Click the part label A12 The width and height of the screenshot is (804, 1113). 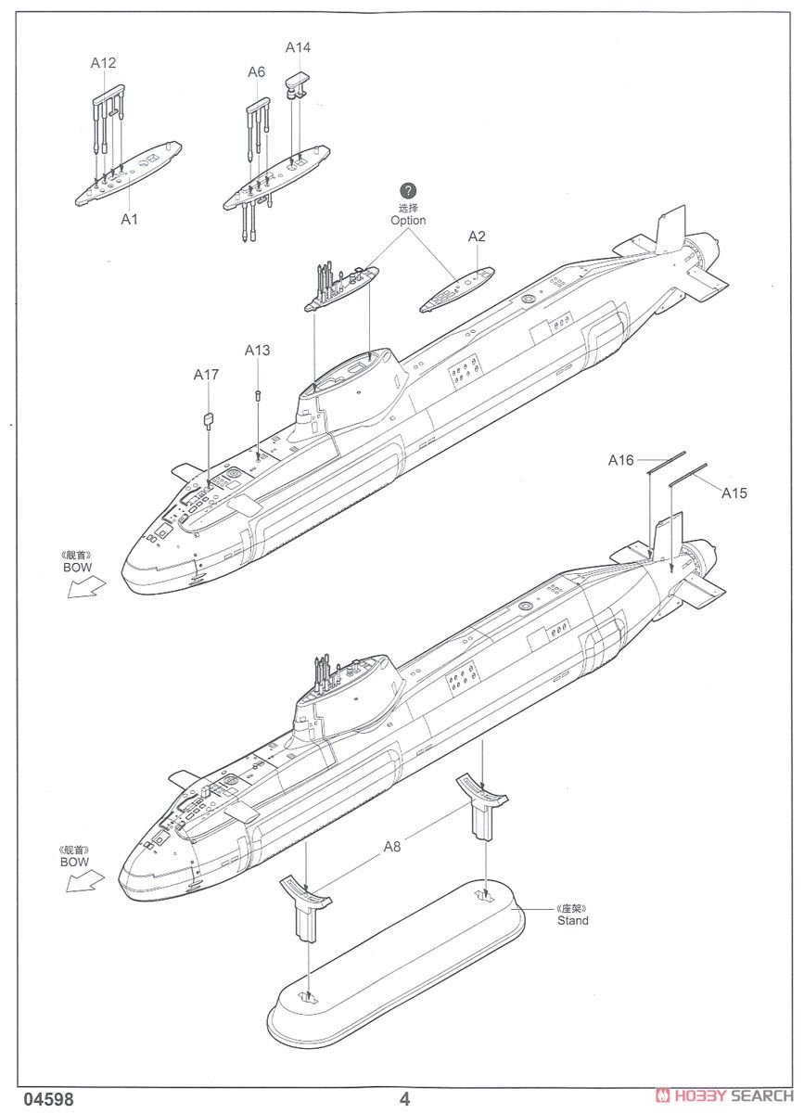(x=103, y=63)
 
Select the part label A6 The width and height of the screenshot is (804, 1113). (x=256, y=71)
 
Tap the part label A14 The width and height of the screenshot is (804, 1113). (x=298, y=46)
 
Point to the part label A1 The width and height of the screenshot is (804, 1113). (x=129, y=219)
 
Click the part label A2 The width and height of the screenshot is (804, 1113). (x=476, y=237)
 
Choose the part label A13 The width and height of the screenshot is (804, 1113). (x=257, y=350)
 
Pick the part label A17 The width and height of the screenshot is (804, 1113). (x=206, y=374)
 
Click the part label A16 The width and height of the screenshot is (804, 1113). (x=620, y=460)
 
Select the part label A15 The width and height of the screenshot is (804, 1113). (x=734, y=493)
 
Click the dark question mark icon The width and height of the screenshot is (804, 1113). (x=408, y=191)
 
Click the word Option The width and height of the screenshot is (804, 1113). (x=408, y=221)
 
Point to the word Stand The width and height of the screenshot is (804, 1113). (x=572, y=920)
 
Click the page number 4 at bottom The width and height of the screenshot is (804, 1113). (x=404, y=1099)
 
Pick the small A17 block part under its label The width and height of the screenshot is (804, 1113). (x=209, y=418)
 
